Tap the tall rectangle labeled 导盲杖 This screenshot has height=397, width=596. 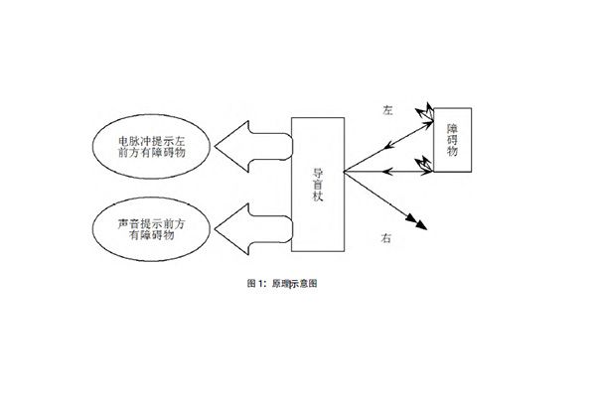[x=318, y=184]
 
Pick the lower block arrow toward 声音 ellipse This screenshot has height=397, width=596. [x=253, y=230]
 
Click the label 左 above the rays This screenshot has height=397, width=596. [x=387, y=112]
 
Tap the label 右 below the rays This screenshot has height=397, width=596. [x=386, y=238]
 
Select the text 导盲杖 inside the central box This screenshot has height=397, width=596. [x=319, y=184]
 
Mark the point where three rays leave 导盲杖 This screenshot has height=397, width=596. [x=346, y=168]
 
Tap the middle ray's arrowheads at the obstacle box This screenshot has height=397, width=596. [x=425, y=168]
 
